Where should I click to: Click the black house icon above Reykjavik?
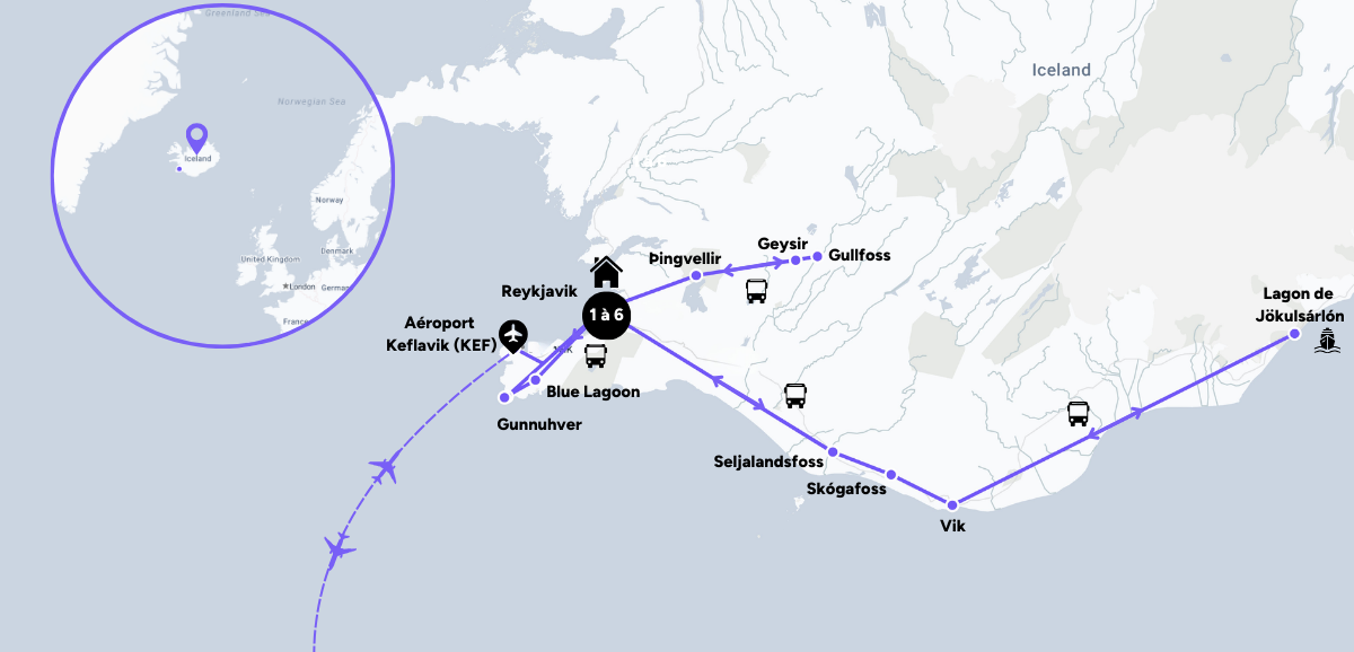[x=606, y=272]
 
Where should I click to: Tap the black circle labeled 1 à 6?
[x=606, y=315]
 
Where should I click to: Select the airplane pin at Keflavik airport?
[x=513, y=335]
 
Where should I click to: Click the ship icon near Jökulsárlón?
[x=1327, y=341]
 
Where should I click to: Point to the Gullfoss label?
[x=859, y=255]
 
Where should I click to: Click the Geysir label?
[x=782, y=244]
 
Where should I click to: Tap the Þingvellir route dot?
[x=696, y=276]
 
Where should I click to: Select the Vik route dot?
[x=952, y=505]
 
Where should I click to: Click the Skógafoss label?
[x=846, y=489]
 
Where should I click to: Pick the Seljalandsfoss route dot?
[x=833, y=452]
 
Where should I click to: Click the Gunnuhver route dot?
[x=504, y=397]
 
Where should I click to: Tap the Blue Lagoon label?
[x=593, y=392]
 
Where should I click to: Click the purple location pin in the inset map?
[x=196, y=138]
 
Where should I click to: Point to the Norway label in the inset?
[x=329, y=200]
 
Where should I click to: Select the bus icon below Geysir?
[x=756, y=290]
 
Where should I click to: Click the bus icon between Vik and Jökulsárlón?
[x=1078, y=413]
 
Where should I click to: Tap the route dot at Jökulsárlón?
[x=1294, y=334]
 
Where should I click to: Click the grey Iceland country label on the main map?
[x=1061, y=70]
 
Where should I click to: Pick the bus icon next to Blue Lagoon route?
[x=595, y=356]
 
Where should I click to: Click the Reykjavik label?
[x=539, y=292]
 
